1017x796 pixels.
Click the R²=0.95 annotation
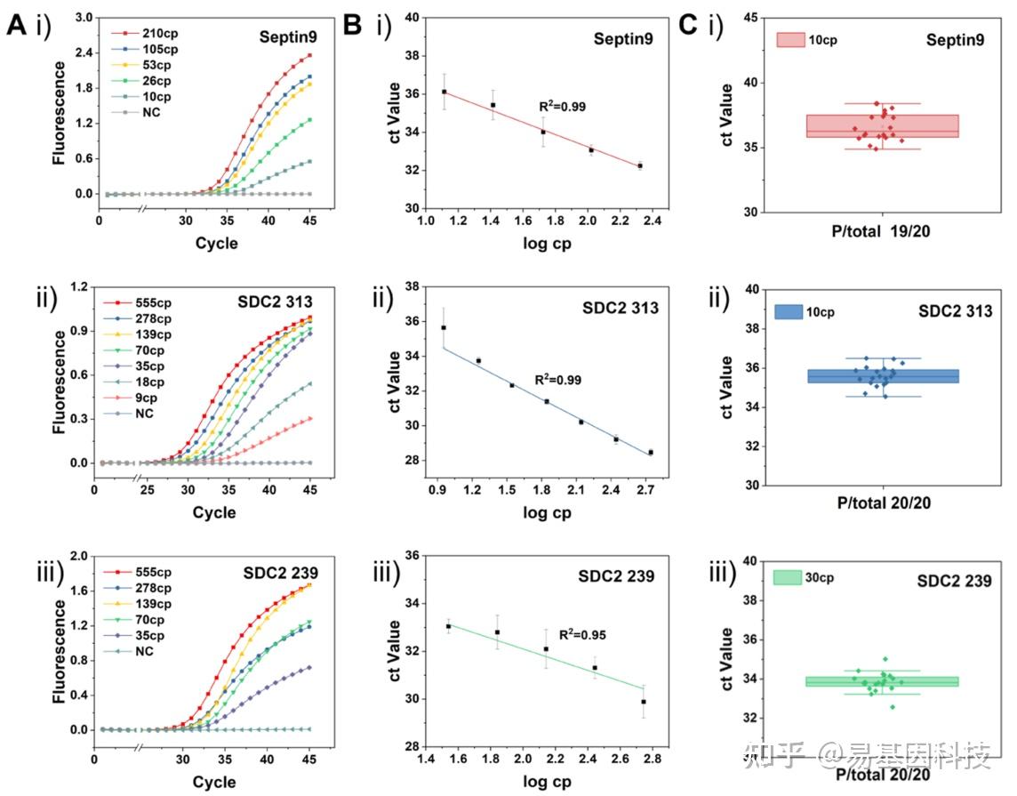[581, 634]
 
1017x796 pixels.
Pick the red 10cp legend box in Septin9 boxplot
[790, 40]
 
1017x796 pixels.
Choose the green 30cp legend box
[788, 577]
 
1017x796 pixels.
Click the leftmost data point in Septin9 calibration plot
[444, 92]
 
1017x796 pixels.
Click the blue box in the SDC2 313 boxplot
[883, 376]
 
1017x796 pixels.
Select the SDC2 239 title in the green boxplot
[954, 581]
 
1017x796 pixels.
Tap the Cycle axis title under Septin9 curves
[215, 243]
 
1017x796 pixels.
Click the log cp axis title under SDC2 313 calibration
[547, 512]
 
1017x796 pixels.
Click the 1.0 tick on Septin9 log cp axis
[426, 221]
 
